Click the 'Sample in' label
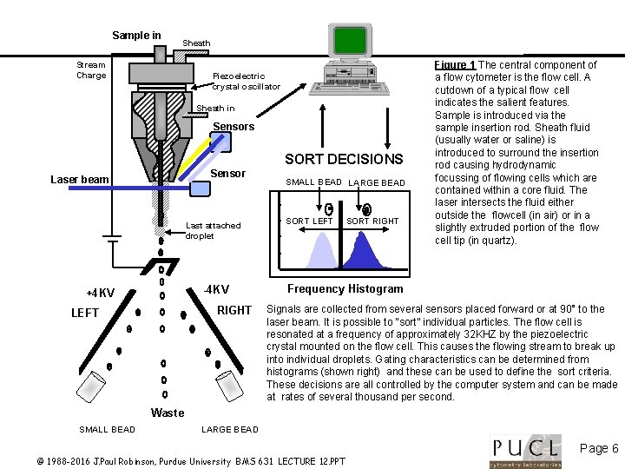(136, 36)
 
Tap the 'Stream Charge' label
(91, 69)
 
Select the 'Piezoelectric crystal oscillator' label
(247, 81)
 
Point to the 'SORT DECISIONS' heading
(344, 159)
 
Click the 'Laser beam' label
(80, 180)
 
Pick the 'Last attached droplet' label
(213, 230)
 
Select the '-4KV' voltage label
(215, 289)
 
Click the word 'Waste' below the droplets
(167, 413)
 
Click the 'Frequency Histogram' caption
(345, 289)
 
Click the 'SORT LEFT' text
(309, 221)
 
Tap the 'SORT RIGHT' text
(372, 221)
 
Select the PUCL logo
(525, 449)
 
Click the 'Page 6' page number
(598, 448)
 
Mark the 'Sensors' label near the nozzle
(234, 127)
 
